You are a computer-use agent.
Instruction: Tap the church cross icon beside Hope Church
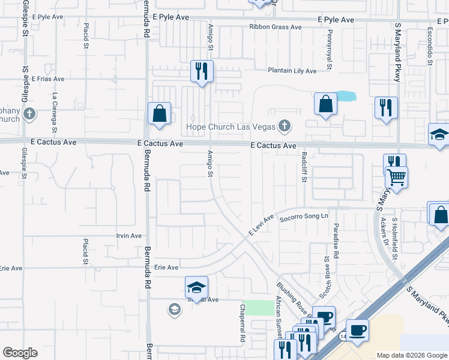click(x=285, y=126)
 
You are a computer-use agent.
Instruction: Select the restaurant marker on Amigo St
click(x=202, y=72)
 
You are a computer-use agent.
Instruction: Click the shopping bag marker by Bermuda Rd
click(x=159, y=113)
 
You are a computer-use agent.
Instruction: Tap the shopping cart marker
click(x=396, y=177)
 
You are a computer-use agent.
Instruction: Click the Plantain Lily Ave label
click(x=292, y=71)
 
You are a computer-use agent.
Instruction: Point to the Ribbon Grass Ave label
click(x=276, y=27)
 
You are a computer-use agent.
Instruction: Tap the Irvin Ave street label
click(x=129, y=236)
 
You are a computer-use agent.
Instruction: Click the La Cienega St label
click(x=55, y=112)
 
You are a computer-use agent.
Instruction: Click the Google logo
click(x=20, y=353)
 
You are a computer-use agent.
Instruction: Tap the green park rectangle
click(x=258, y=308)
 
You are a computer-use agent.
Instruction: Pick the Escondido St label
click(x=430, y=46)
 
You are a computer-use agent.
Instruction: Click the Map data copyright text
click(x=411, y=355)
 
